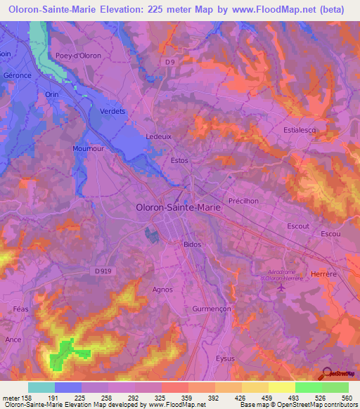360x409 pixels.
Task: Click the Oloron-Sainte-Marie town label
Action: tap(177, 208)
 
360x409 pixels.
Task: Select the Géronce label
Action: tap(17, 74)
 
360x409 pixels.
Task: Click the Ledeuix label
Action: tap(158, 136)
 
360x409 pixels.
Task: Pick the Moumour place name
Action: tap(88, 149)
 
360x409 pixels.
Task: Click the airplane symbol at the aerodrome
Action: tap(282, 287)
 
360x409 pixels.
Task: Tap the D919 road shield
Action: tap(101, 271)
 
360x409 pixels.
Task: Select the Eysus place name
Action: tap(226, 358)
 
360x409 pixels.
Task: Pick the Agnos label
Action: tap(162, 289)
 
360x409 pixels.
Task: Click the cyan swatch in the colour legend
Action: tap(41, 387)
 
